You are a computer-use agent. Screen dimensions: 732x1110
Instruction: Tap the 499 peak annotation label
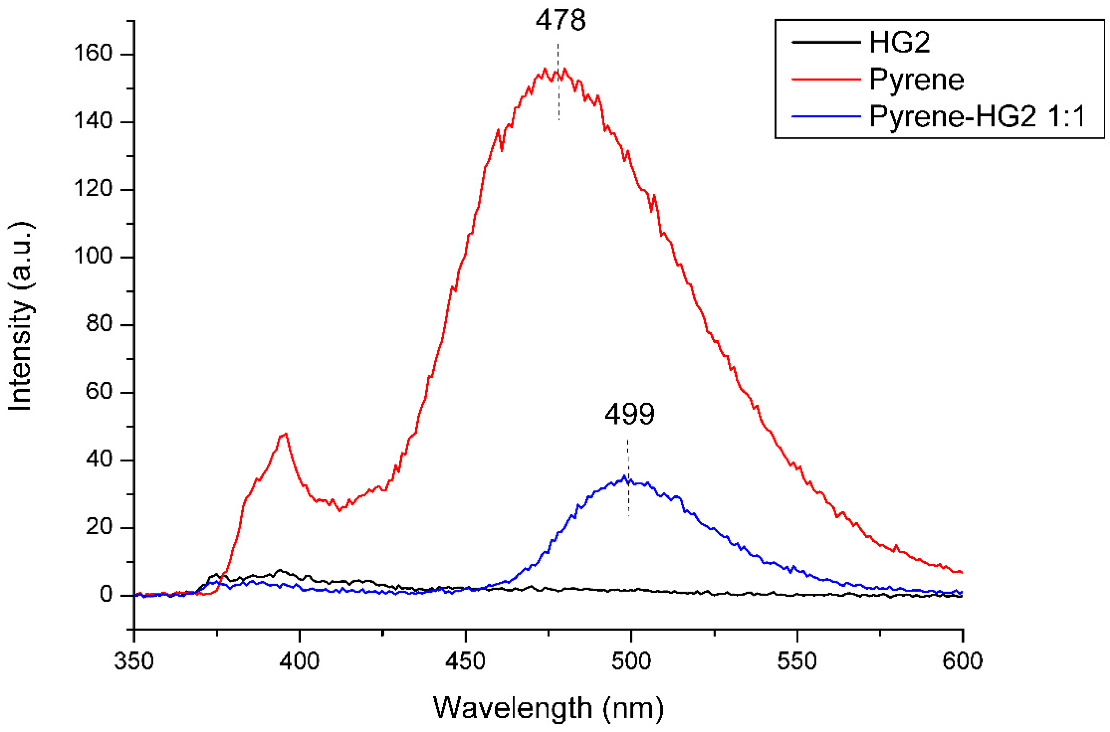click(x=629, y=414)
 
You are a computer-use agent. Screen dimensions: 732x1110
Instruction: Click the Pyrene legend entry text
click(x=916, y=80)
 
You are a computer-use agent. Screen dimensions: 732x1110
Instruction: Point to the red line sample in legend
click(x=826, y=80)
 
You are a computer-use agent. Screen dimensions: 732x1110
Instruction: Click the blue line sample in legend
click(x=826, y=116)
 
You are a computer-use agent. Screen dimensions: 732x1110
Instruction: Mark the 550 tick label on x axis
click(x=797, y=662)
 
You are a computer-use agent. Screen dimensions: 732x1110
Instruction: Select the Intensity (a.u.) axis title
click(x=21, y=317)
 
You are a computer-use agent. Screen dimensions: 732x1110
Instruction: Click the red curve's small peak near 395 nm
click(x=284, y=434)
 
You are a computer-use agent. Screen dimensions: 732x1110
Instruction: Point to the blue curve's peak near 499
click(x=624, y=477)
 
